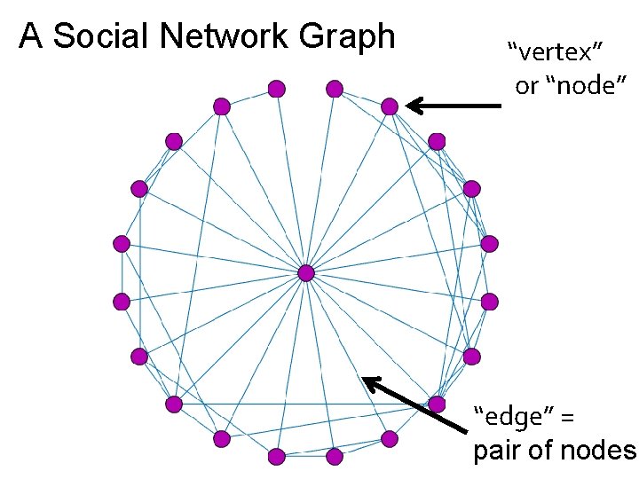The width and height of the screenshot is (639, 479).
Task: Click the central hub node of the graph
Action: click(x=305, y=272)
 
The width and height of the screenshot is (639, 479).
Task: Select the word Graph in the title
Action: click(x=347, y=36)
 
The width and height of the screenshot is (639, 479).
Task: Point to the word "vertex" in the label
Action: click(x=549, y=51)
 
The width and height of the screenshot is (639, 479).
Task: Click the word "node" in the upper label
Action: click(x=587, y=85)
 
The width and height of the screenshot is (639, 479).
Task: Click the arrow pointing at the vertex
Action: click(x=453, y=106)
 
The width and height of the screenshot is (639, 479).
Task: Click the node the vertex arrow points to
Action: click(x=390, y=106)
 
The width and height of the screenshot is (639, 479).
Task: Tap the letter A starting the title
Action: click(x=31, y=36)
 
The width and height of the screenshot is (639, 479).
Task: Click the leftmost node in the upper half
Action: click(x=122, y=243)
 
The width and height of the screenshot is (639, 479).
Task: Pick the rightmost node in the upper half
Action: click(x=489, y=243)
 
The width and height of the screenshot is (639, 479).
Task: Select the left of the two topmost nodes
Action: click(x=277, y=88)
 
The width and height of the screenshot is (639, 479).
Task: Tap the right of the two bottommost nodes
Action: click(x=335, y=457)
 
